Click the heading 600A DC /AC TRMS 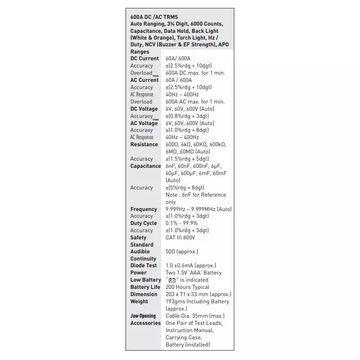pyautogui.click(x=154, y=17)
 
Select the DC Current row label pyautogui.click(x=144, y=58)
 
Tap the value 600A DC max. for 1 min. pyautogui.click(x=195, y=73)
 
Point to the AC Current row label pyautogui.click(x=144, y=80)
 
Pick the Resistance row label pyautogui.click(x=144, y=144)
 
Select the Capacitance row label pyautogui.click(x=145, y=166)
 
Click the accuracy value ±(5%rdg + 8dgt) pyautogui.click(x=185, y=188)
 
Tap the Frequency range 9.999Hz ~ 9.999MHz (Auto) pyautogui.click(x=198, y=209)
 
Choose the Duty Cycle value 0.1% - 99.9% pyautogui.click(x=181, y=223)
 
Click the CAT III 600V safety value pyautogui.click(x=180, y=238)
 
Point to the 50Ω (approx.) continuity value pyautogui.click(x=182, y=252)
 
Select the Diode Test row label pyautogui.click(x=144, y=265)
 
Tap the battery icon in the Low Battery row pyautogui.click(x=172, y=280)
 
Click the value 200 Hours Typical pyautogui.click(x=187, y=287)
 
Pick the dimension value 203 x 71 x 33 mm pyautogui.click(x=198, y=294)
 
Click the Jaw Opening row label pyautogui.click(x=143, y=316)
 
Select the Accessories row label pyautogui.click(x=145, y=323)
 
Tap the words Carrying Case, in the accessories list pyautogui.click(x=184, y=337)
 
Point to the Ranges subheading pyautogui.click(x=139, y=52)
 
